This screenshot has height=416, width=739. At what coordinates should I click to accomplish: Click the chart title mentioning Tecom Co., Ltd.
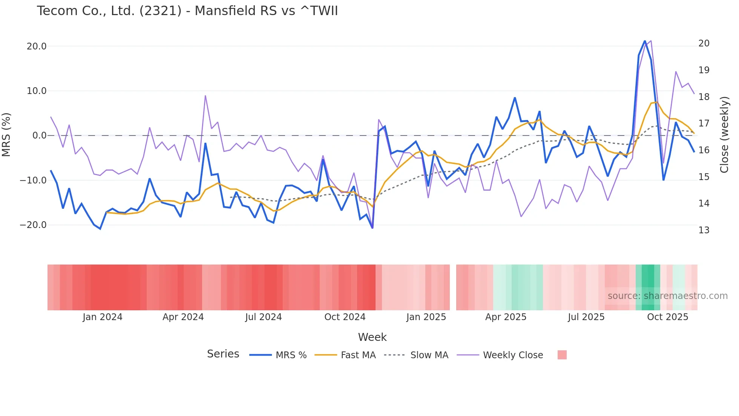coord(187,11)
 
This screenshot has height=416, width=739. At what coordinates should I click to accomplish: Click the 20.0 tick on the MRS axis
coord(37,46)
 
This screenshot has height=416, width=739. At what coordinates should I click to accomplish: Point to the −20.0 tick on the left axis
coord(34,225)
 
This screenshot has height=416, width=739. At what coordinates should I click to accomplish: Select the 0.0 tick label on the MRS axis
coord(40,136)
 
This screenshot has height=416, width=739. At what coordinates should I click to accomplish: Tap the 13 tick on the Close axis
coord(704,230)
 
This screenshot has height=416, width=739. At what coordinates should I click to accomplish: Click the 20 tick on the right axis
coord(704,43)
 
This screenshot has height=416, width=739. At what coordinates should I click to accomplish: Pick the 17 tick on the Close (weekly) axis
coord(704,123)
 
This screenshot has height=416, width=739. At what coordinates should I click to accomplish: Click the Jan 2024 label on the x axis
coord(103,317)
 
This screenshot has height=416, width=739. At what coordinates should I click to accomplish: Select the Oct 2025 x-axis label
coord(667,317)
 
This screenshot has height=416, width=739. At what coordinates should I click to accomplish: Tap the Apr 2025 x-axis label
coord(506,317)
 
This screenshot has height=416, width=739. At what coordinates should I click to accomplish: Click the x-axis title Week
coord(372,337)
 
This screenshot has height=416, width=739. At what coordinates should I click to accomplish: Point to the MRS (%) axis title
coord(6,135)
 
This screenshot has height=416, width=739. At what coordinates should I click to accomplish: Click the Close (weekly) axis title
coord(724,135)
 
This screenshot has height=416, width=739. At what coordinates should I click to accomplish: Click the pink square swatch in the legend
coord(562,355)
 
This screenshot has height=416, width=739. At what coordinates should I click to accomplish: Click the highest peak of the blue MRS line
coord(645,41)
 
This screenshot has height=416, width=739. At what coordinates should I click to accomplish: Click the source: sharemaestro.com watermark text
coord(667,296)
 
